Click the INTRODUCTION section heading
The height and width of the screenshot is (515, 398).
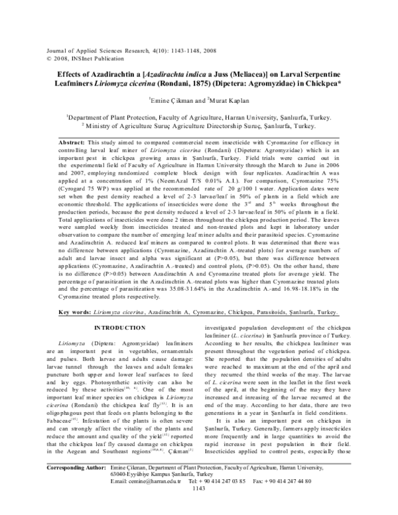(x=117, y=329)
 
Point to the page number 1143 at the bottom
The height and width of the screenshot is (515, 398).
(x=198, y=507)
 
